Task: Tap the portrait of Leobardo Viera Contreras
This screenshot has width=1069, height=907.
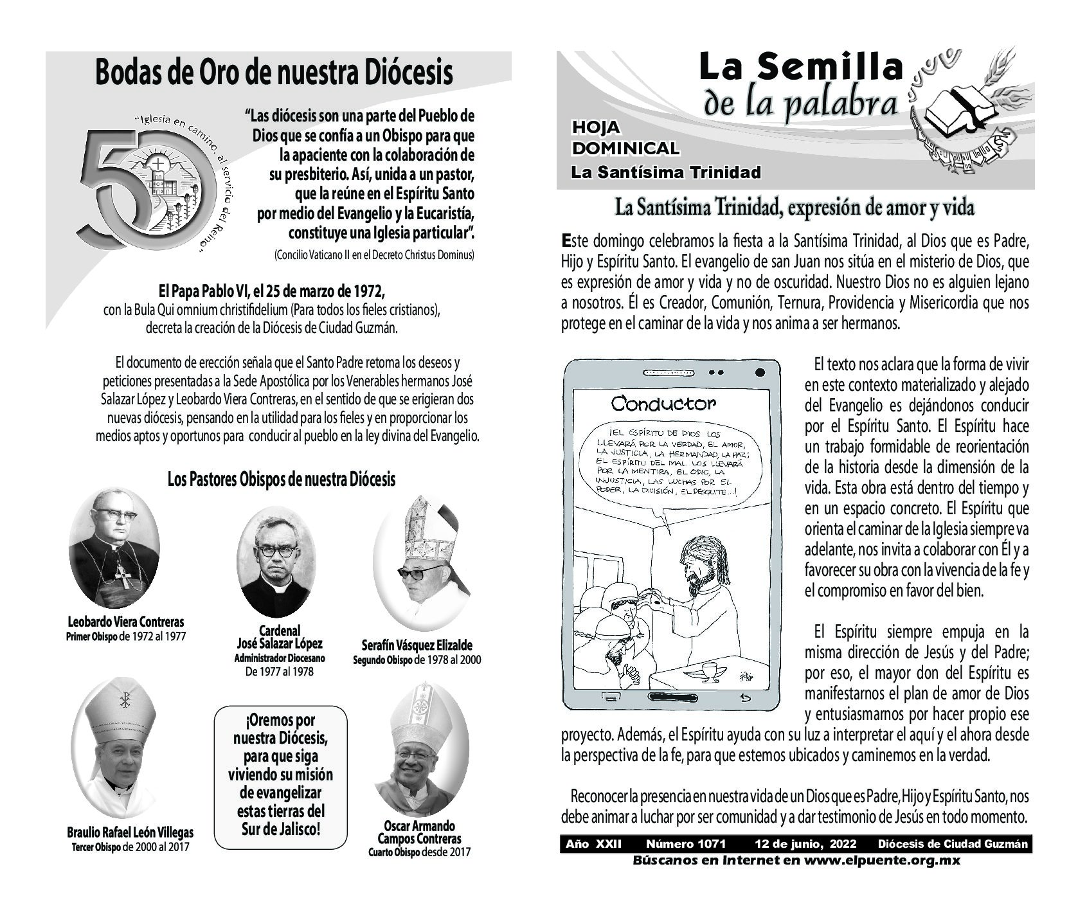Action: [114, 549]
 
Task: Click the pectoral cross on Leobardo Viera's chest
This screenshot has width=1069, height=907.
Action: [123, 577]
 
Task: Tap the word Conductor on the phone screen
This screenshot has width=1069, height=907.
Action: [663, 404]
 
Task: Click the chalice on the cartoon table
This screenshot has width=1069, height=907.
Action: [710, 671]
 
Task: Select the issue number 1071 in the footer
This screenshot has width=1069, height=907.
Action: [685, 844]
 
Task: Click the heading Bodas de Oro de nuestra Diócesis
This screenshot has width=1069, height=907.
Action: [274, 72]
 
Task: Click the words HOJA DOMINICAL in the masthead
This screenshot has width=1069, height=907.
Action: [625, 139]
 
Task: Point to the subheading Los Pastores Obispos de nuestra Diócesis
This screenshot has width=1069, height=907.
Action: [281, 479]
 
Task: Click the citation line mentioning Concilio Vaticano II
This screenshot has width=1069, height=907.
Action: [373, 255]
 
